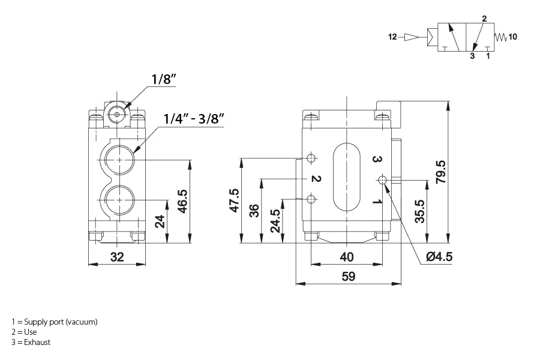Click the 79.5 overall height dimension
point(440,172)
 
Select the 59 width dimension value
point(348,276)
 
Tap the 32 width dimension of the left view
point(117,257)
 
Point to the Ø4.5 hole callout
point(439,257)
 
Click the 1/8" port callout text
point(164,79)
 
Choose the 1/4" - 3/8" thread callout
point(194,119)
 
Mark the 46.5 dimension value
point(182,201)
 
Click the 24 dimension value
point(160,221)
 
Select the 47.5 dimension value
point(235,200)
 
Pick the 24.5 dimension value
point(275,221)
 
